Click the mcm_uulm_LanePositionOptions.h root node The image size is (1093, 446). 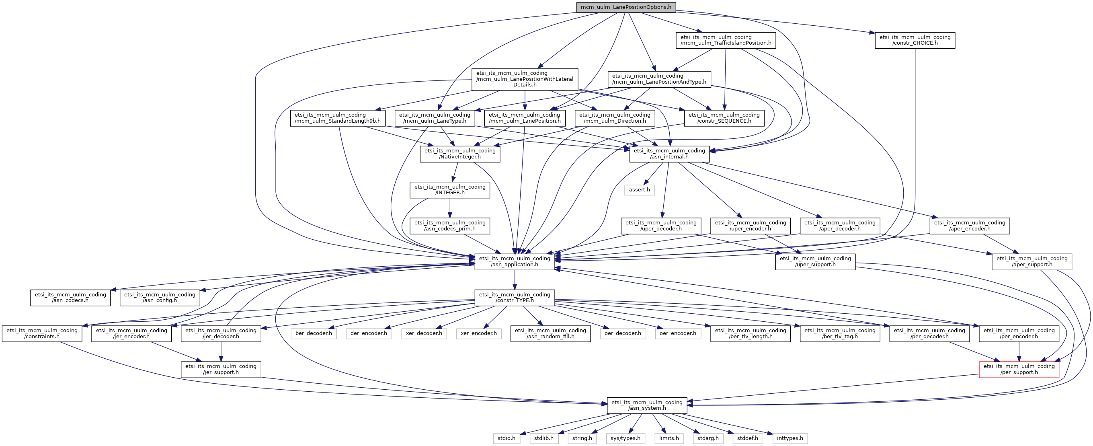click(626, 7)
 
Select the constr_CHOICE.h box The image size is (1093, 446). click(915, 40)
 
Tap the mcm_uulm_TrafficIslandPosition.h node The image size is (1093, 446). click(726, 40)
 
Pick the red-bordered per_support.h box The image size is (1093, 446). click(1019, 369)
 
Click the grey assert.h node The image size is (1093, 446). click(640, 190)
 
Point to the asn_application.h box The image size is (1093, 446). click(514, 261)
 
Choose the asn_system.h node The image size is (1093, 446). click(647, 405)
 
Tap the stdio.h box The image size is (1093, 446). click(506, 438)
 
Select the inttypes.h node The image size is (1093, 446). click(790, 438)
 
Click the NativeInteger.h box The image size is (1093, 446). click(460, 154)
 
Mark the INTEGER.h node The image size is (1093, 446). click(450, 190)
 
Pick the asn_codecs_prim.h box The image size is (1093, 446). click(450, 226)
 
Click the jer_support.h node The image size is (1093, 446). click(221, 369)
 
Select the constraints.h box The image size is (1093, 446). click(41, 333)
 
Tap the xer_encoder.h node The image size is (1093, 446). click(479, 333)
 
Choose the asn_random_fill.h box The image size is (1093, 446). click(550, 333)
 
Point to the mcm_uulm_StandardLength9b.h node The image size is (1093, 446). click(338, 118)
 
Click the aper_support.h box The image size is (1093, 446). click(1031, 261)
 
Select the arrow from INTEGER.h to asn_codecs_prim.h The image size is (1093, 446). click(450, 208)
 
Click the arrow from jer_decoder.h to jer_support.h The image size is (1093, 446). click(221, 351)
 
